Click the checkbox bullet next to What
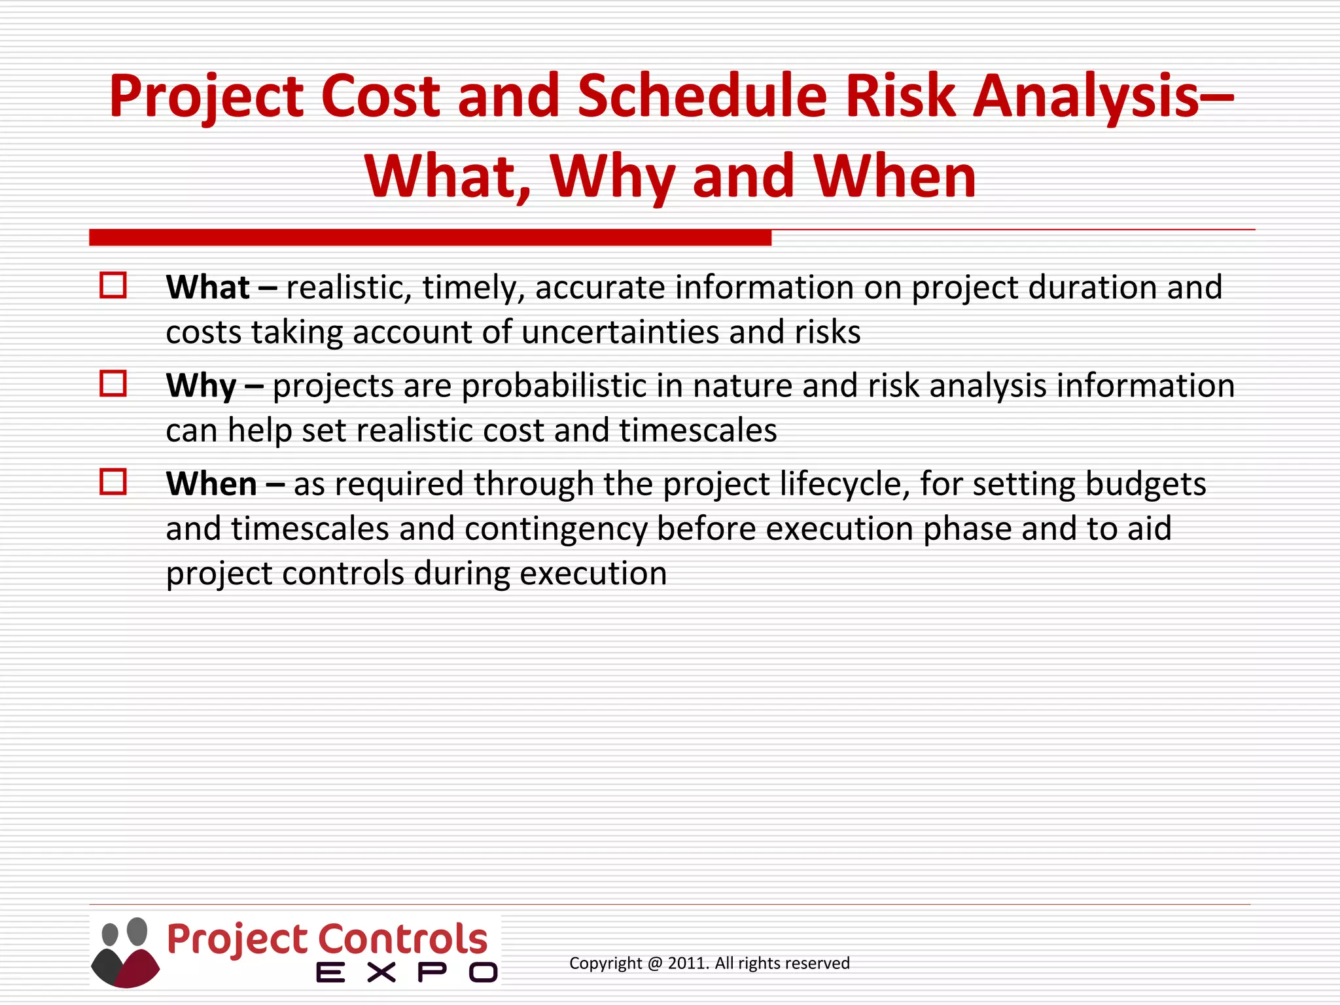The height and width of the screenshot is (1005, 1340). pyautogui.click(x=113, y=286)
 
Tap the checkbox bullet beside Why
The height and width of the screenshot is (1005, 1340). pyautogui.click(x=113, y=384)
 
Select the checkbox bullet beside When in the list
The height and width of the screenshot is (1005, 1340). pyautogui.click(x=113, y=482)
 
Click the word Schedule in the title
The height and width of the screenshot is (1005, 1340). pyautogui.click(x=702, y=96)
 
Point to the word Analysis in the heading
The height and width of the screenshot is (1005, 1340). pyautogui.click(x=1086, y=96)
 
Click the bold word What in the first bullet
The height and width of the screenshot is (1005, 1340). pyautogui.click(x=207, y=287)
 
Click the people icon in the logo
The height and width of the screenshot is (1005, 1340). pyautogui.click(x=125, y=952)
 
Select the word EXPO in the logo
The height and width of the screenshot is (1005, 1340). pyautogui.click(x=406, y=973)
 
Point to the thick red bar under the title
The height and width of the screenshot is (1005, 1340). pyautogui.click(x=430, y=238)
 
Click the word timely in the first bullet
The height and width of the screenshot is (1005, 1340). pyautogui.click(x=473, y=287)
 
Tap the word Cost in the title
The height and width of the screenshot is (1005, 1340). pyautogui.click(x=379, y=96)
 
